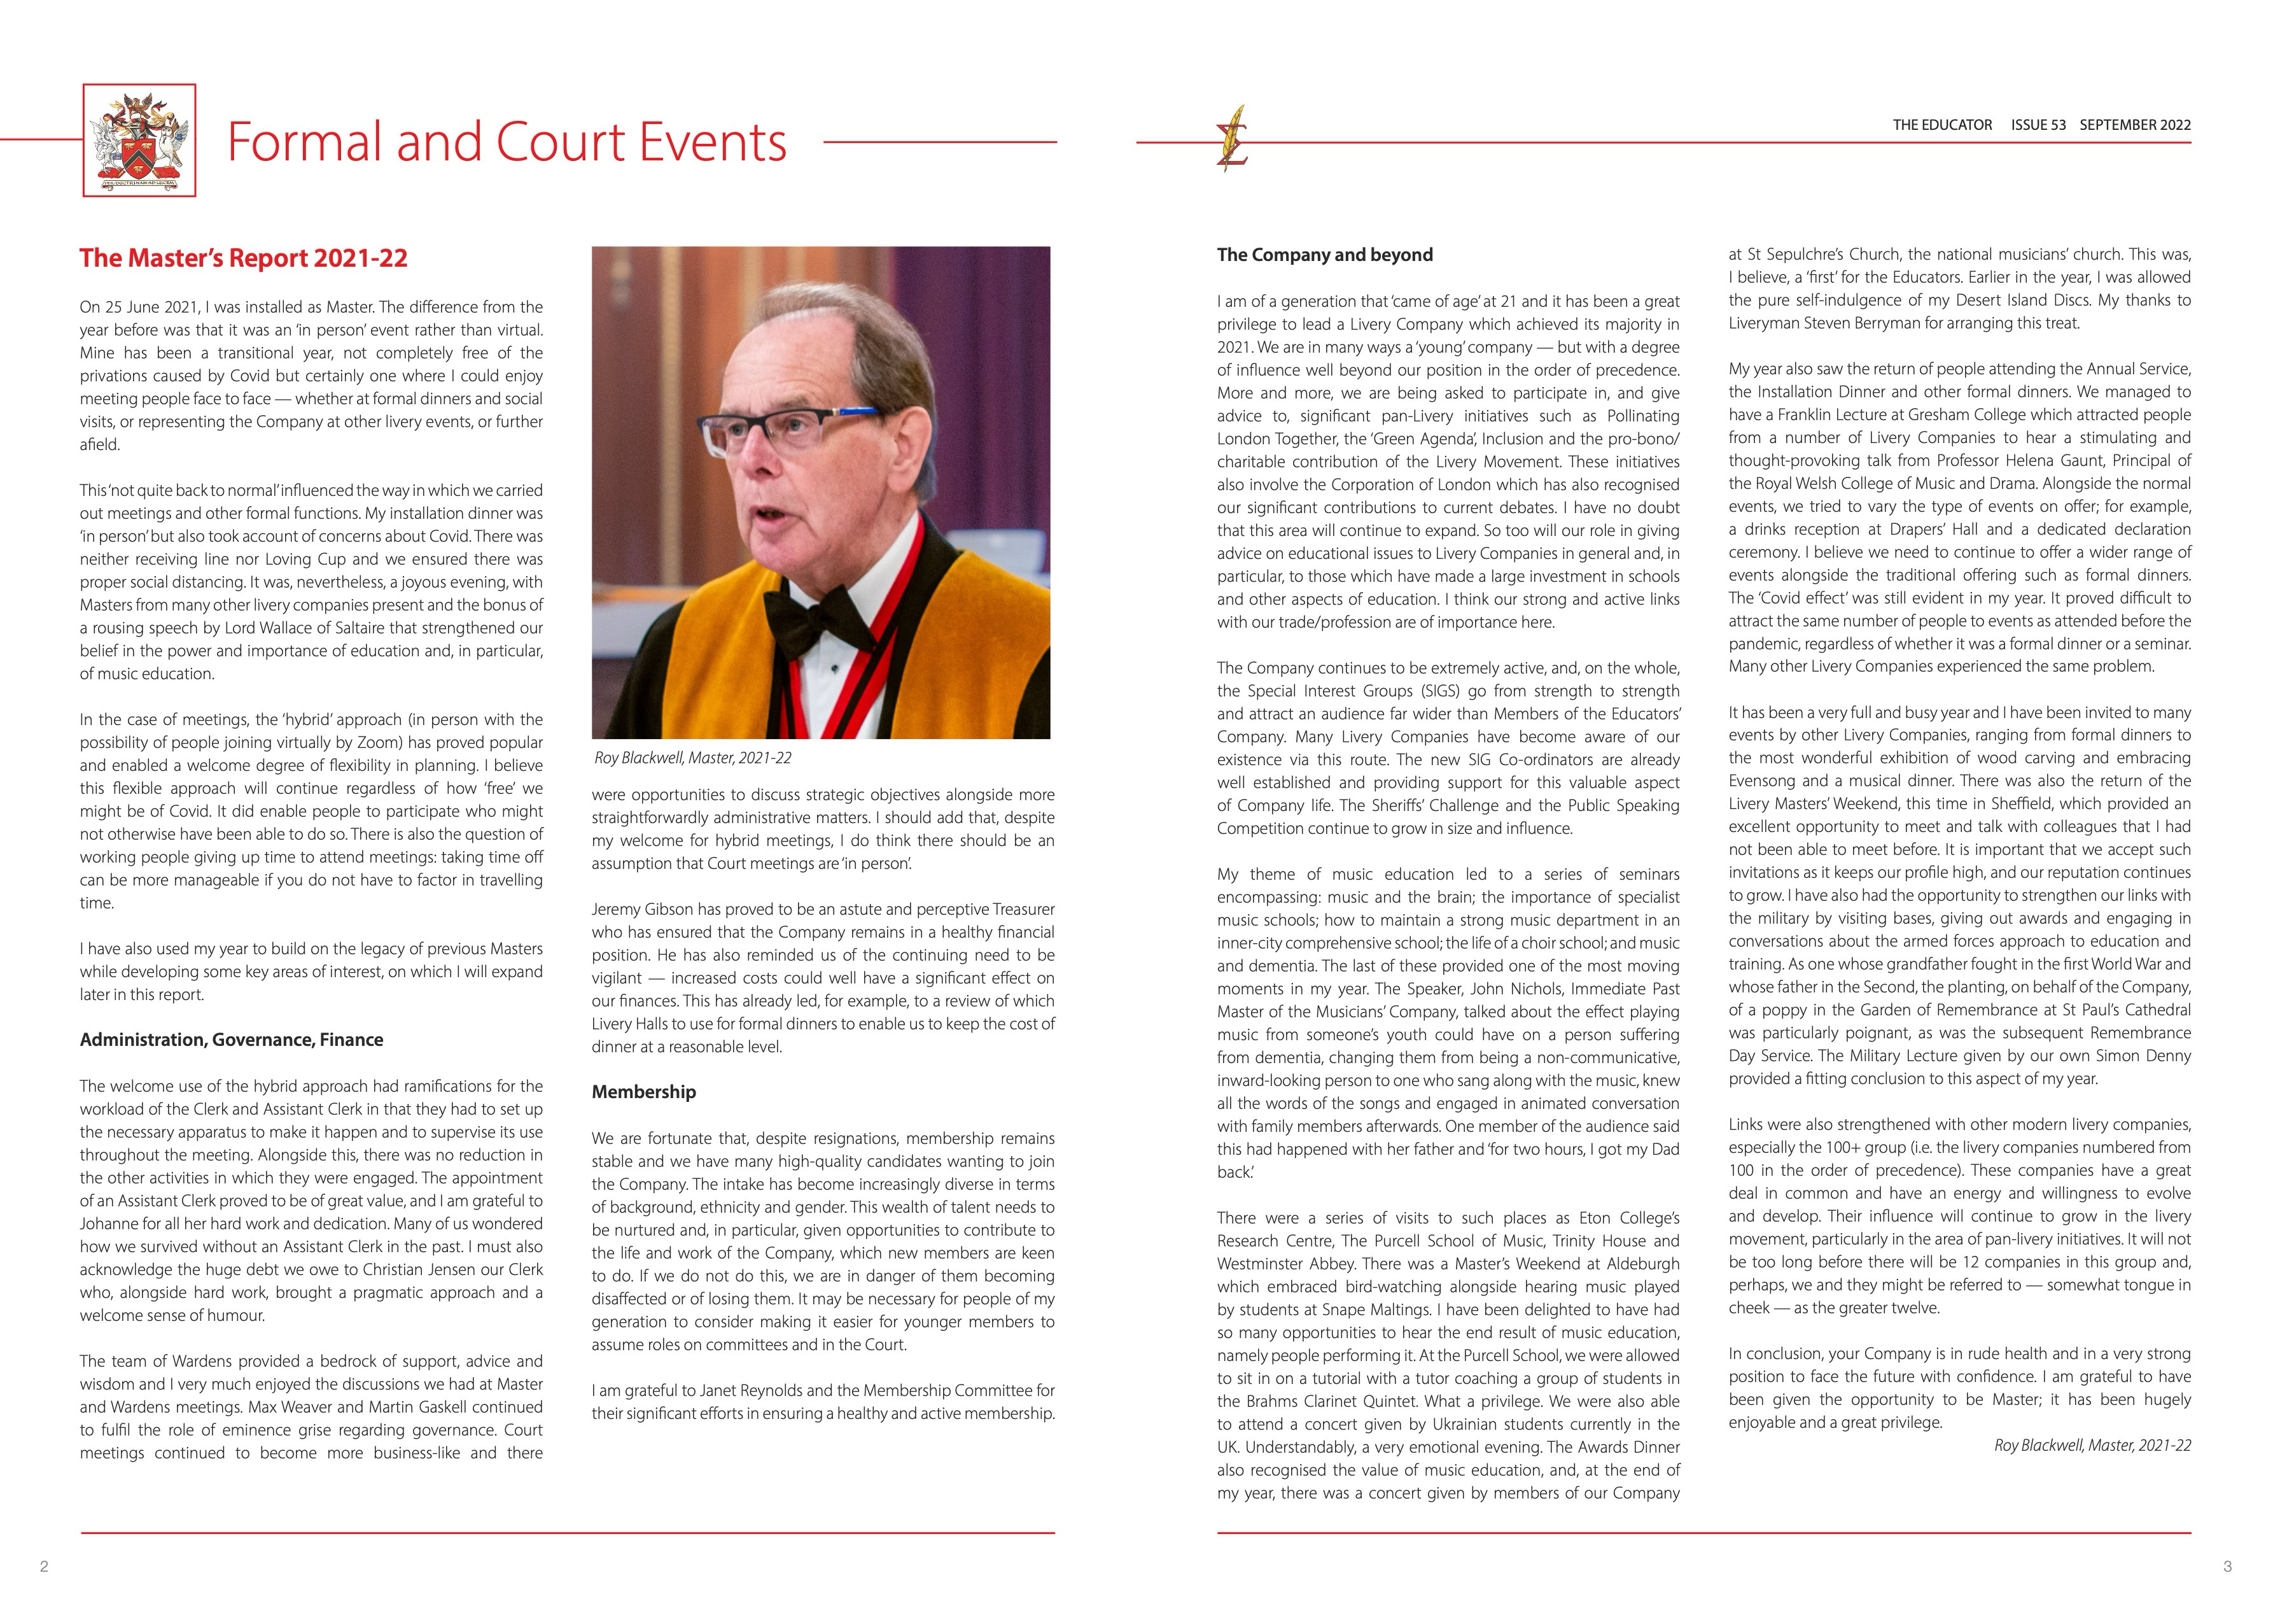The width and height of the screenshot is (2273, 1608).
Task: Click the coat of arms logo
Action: [x=139, y=141]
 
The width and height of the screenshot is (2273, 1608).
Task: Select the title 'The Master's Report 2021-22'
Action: [x=244, y=258]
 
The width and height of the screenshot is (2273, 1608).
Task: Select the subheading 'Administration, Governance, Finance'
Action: [x=230, y=1040]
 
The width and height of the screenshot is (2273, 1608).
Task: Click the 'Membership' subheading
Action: [x=643, y=1092]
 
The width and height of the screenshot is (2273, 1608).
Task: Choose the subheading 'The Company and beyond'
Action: [x=1325, y=255]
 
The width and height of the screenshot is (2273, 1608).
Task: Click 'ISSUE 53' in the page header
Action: [x=2038, y=125]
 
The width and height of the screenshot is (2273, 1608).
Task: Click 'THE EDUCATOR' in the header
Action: [x=1941, y=125]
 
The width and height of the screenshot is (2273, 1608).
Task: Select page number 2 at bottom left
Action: [x=43, y=1567]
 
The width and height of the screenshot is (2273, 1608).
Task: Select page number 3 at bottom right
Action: [x=2227, y=1567]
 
